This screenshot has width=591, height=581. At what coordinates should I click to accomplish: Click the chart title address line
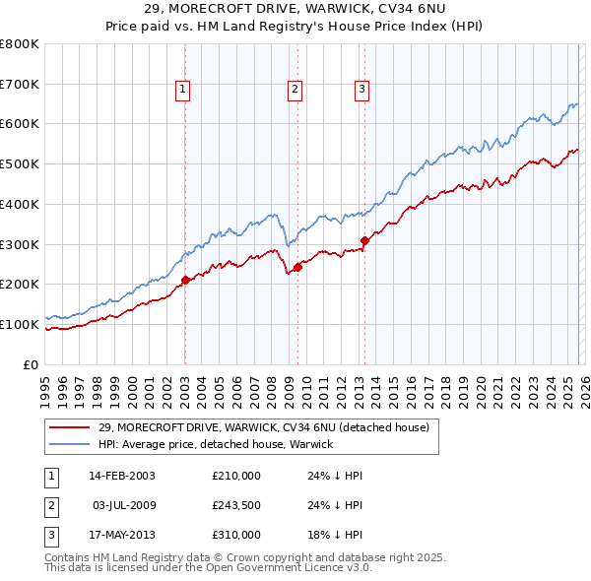(295, 8)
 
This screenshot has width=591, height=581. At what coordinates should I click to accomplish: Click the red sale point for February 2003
(185, 280)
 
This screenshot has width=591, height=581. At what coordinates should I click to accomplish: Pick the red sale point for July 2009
(297, 266)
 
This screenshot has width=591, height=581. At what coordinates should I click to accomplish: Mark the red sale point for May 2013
(364, 239)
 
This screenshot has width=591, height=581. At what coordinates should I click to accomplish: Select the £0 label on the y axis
(32, 364)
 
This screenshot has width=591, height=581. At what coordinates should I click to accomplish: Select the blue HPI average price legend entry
(216, 444)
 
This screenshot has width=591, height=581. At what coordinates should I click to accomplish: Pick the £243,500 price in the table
(235, 505)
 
